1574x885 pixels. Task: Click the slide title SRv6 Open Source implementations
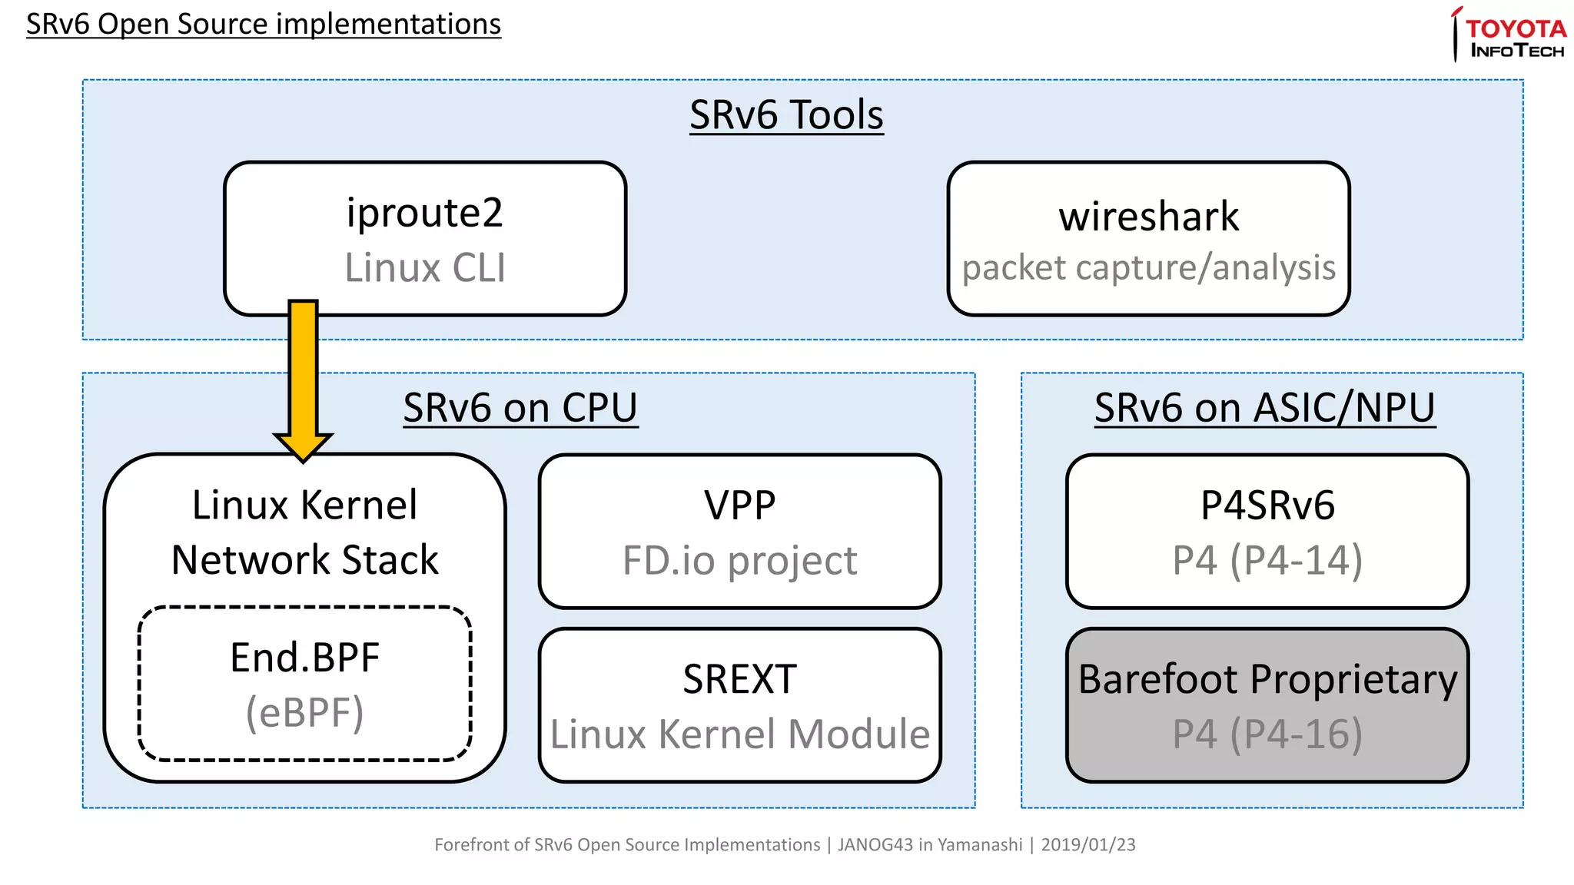coord(263,24)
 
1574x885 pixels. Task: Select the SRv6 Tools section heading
coord(785,115)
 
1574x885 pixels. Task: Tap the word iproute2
coord(424,213)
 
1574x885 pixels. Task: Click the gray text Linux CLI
coord(424,267)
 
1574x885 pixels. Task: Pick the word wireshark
coord(1148,217)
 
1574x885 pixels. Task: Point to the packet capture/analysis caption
coord(1148,268)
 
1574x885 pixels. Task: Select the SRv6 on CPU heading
coord(520,407)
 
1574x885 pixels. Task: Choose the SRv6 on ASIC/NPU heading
coord(1264,407)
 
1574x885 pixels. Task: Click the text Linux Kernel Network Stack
coord(304,532)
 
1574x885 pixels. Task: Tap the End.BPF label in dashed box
coord(304,658)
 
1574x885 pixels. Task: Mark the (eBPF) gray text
coord(304,713)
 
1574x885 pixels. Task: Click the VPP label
coord(739,505)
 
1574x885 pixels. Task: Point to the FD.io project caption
coord(739,560)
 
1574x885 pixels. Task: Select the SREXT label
coord(739,679)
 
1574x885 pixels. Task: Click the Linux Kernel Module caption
coord(739,734)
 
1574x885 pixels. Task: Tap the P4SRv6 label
coord(1267,505)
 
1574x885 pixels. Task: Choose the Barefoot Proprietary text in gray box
coord(1267,679)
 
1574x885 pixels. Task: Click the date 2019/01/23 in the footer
coord(1088,845)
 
